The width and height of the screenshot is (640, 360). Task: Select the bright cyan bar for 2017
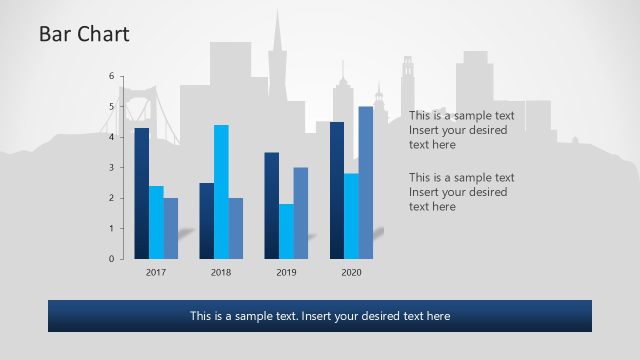point(156,222)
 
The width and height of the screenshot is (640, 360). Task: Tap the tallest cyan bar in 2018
point(221,191)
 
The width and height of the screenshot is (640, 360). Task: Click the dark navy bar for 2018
point(206,220)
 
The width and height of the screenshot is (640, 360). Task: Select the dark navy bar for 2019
point(271,205)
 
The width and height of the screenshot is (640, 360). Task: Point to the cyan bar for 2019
point(286,231)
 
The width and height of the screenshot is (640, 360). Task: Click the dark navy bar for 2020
point(337,190)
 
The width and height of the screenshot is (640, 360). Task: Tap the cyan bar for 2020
point(351,216)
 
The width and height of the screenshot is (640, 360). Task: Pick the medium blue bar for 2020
point(366,182)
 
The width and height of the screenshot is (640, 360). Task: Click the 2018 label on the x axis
point(221,272)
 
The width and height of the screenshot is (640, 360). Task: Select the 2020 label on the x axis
point(351,272)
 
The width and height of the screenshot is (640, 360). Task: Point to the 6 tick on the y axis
point(112,75)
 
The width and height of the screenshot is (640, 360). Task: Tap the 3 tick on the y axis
point(112,167)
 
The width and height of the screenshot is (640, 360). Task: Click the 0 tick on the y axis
point(112,259)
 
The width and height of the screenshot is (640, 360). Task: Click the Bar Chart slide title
point(84,35)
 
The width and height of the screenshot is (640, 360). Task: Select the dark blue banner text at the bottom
point(320,316)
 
